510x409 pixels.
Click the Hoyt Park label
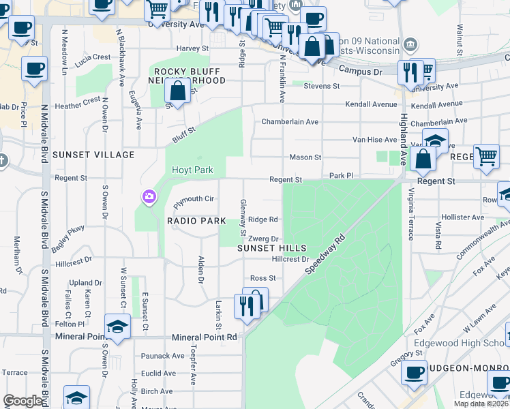192,170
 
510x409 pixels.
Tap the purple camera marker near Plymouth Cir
149,198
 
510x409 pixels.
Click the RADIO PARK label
196,221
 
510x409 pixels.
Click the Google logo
22,401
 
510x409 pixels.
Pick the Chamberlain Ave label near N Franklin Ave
290,122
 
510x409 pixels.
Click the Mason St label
305,157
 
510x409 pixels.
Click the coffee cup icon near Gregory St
414,373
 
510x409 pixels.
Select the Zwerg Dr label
264,239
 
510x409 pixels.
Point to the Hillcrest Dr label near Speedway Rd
290,260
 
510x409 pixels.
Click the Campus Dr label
360,70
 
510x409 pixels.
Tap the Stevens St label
321,86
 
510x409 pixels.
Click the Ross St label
262,278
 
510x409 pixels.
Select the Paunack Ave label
163,356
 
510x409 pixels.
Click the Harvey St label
192,48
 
